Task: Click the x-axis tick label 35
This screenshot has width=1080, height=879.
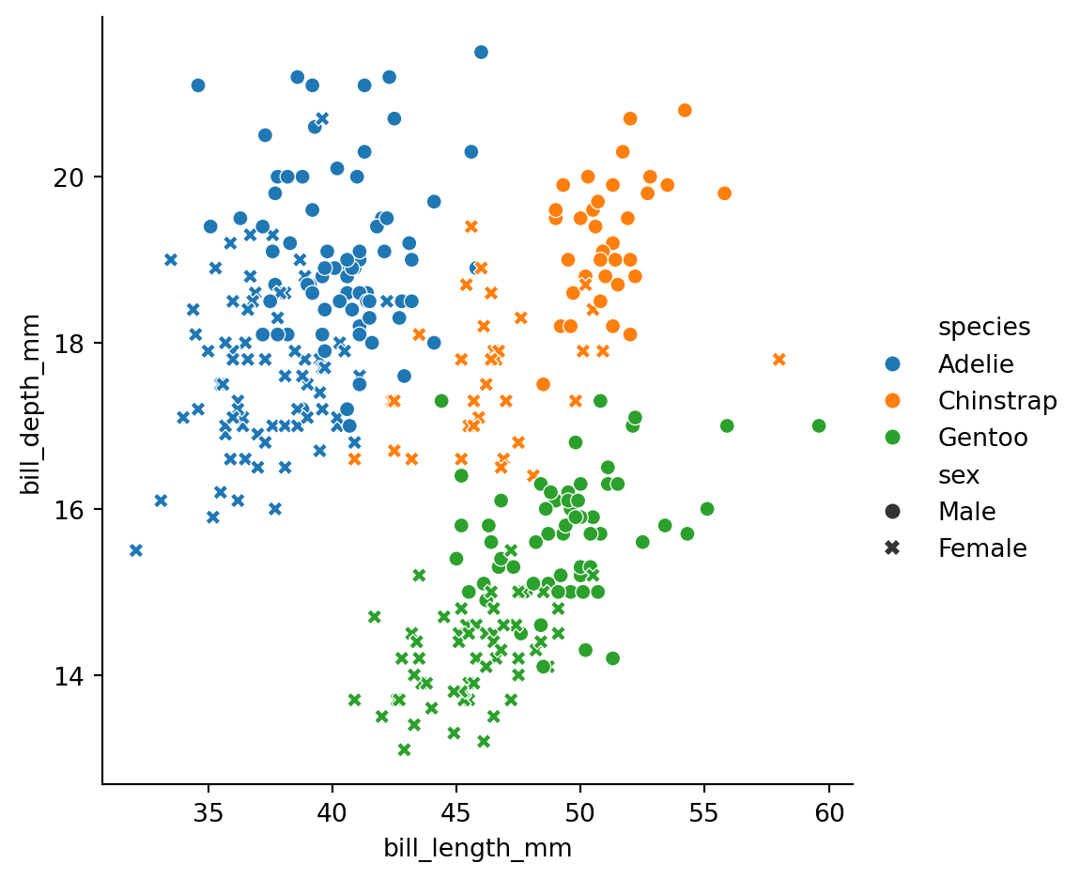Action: point(208,813)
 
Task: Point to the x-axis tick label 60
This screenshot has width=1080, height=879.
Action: point(828,813)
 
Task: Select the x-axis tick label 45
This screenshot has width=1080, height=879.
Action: point(456,813)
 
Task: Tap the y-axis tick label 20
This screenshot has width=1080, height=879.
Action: point(69,177)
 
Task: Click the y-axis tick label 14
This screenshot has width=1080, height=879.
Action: point(69,676)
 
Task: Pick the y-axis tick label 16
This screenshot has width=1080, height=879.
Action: point(69,510)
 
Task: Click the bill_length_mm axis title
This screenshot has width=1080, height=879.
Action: point(478,849)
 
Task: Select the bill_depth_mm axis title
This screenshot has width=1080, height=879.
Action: point(30,405)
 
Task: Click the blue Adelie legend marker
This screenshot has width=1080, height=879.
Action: point(893,363)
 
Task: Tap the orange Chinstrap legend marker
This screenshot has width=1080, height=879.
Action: point(893,400)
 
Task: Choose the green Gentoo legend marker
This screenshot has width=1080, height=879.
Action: point(893,438)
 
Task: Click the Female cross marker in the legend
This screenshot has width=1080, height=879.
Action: point(893,548)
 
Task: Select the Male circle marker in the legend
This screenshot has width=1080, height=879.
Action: point(893,511)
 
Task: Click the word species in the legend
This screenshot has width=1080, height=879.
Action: point(984,328)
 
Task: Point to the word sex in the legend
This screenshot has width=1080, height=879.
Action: point(959,475)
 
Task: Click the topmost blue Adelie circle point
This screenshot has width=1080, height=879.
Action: point(482,53)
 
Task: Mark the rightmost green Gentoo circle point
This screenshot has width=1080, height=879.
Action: point(819,425)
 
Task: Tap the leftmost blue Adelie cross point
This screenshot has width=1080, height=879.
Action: point(136,550)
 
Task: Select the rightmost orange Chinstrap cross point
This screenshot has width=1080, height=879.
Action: point(779,360)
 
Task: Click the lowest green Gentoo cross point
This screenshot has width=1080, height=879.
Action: point(405,749)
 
